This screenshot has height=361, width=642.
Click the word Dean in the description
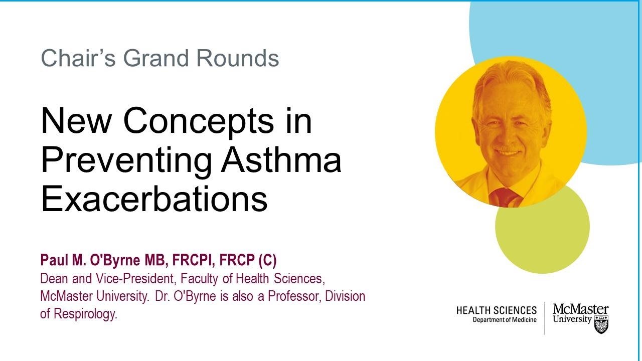coord(51,278)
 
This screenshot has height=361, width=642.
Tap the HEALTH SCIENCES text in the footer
coord(496,311)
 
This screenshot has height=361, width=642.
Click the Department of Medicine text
coord(504,320)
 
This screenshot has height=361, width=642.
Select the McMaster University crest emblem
coord(601,324)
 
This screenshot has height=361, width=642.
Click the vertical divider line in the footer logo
coord(545,318)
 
